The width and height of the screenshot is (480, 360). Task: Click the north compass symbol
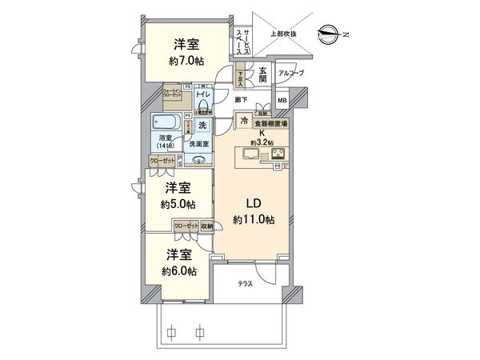[328, 33]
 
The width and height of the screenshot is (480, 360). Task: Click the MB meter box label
[282, 101]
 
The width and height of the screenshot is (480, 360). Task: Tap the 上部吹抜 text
[283, 34]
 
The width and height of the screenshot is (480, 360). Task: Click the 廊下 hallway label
[241, 99]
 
